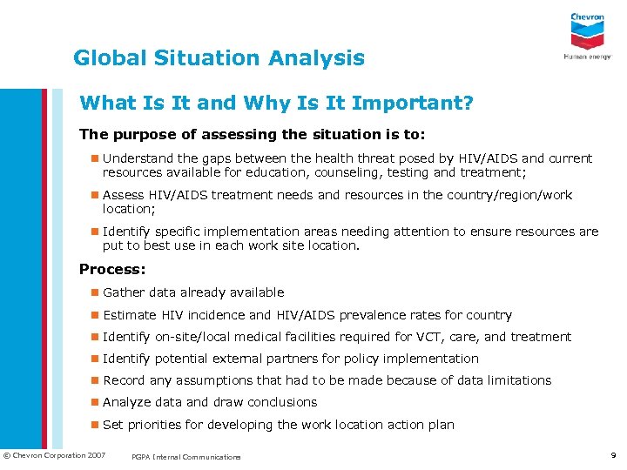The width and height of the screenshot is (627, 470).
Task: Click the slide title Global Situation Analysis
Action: [219, 58]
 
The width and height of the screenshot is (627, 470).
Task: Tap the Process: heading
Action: [111, 269]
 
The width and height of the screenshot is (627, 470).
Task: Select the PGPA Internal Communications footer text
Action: [186, 456]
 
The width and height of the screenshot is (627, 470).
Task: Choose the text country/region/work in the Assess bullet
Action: [509, 195]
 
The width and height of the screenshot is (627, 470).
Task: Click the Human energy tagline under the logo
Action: [587, 56]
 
